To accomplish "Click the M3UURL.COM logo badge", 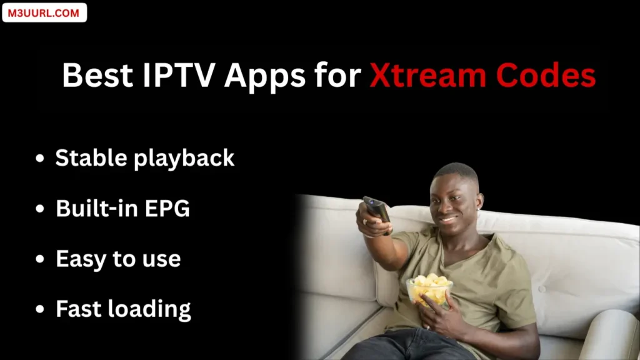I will click(44, 12).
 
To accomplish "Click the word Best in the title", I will click(97, 76).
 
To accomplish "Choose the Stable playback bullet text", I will click(144, 159).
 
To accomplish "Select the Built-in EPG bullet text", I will click(122, 208).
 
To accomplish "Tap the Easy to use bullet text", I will click(118, 259).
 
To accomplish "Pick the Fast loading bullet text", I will click(123, 308).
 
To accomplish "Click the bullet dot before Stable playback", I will click(41, 160).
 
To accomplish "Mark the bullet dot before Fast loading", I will click(41, 309).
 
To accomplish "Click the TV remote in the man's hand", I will click(377, 211).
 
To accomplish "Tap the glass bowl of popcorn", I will click(429, 290).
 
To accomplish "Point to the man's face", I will click(455, 201).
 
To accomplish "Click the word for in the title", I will click(338, 76).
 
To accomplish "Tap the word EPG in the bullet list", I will click(167, 208).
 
